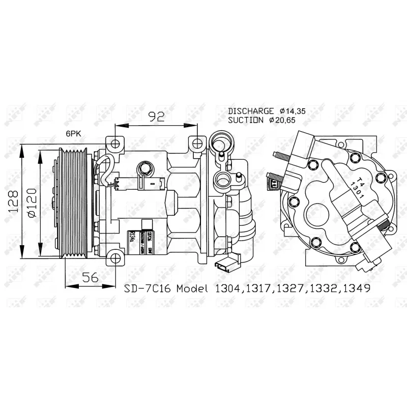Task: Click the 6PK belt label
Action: click(72, 133)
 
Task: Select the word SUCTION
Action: click(247, 121)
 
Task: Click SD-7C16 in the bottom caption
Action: click(146, 288)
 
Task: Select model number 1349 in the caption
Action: click(357, 288)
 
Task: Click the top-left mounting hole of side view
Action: click(115, 143)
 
